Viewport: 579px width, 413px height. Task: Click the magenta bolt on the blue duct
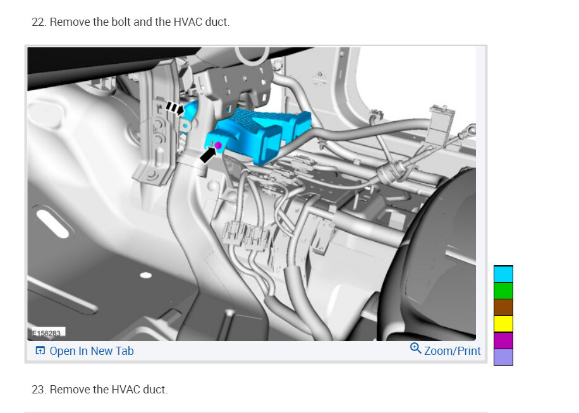coord(218,146)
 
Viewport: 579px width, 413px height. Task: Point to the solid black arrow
coord(208,155)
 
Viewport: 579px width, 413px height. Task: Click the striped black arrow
coord(174,108)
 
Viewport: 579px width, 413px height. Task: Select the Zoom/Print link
coord(453,350)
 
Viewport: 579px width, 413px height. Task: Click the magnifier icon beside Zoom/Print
coord(415,348)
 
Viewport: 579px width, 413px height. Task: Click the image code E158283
coord(47,333)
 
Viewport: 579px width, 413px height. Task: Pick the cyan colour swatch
coord(503,274)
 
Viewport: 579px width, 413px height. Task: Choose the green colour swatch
coord(503,290)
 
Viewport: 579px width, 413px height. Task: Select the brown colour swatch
coord(503,307)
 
